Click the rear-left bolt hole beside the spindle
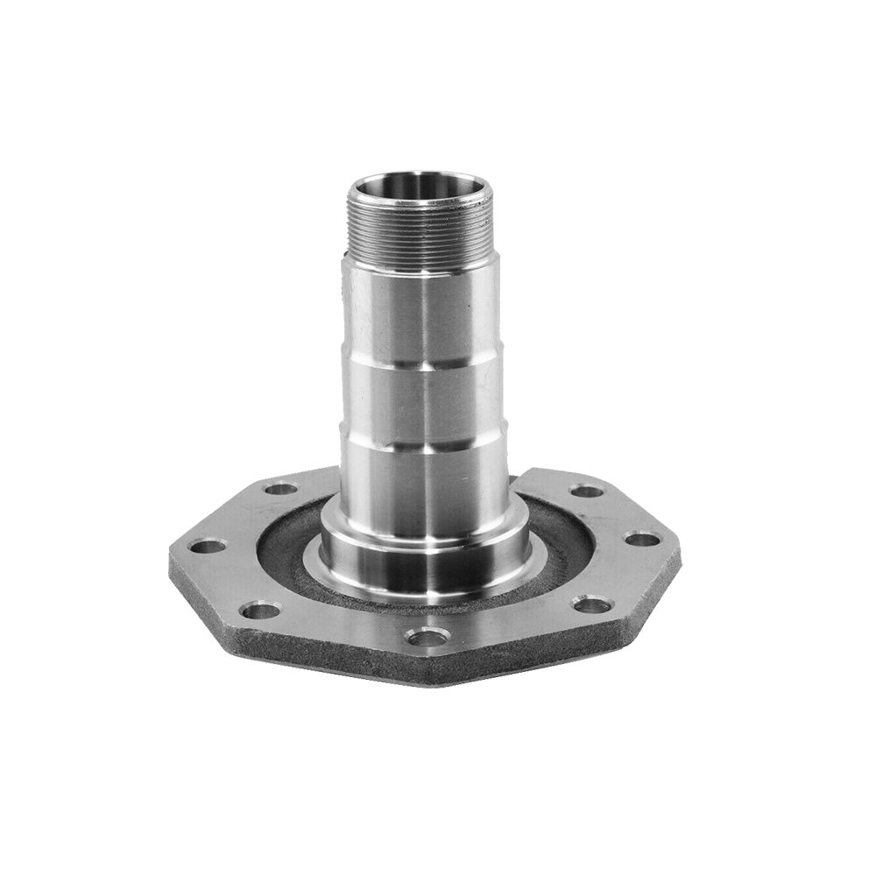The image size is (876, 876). pos(279,488)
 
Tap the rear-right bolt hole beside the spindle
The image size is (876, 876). pos(587,491)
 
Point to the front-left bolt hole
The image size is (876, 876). pos(260,610)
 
